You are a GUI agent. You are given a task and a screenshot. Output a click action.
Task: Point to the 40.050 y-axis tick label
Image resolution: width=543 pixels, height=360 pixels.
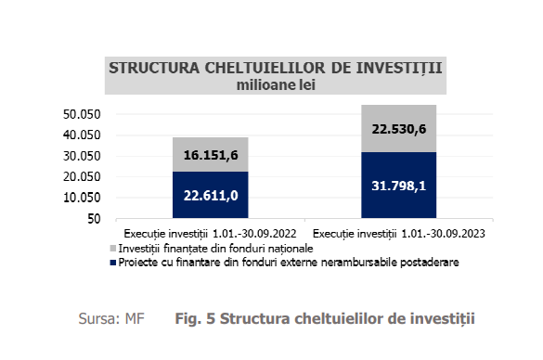(81, 135)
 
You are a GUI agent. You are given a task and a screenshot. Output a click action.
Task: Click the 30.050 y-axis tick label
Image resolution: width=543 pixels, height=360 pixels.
(81, 156)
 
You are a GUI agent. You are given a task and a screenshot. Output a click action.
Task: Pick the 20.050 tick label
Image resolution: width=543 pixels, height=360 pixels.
(81, 177)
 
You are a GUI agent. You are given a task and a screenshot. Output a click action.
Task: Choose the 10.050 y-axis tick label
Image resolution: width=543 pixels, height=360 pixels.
(81, 198)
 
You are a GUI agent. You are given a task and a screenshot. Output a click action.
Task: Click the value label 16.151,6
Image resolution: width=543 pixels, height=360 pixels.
(211, 155)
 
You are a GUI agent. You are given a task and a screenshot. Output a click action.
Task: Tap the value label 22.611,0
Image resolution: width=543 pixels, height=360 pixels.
(211, 195)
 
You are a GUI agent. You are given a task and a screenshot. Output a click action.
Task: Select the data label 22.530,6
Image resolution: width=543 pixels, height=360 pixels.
(398, 129)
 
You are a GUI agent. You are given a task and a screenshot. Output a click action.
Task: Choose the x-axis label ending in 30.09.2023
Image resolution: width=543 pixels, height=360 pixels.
(399, 234)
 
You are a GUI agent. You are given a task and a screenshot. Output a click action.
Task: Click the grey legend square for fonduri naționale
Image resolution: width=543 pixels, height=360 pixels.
(112, 249)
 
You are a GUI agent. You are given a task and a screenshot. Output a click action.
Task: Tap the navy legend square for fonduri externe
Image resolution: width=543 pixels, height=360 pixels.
(112, 263)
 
